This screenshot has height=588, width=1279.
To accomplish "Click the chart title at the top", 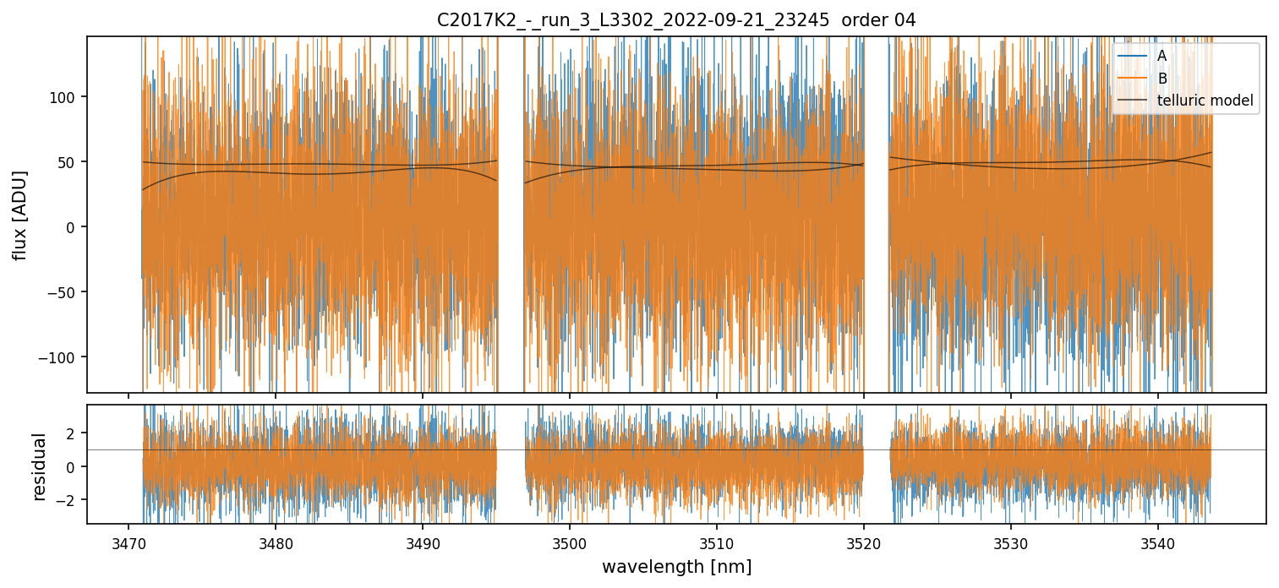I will [x=675, y=19].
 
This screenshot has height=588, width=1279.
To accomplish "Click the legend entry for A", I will [x=1161, y=56].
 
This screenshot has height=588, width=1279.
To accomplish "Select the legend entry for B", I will [x=1161, y=79].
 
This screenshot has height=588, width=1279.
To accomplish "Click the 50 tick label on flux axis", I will [x=68, y=161].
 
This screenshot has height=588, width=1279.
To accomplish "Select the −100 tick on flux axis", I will [x=62, y=357].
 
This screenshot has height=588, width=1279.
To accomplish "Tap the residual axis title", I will [x=39, y=466].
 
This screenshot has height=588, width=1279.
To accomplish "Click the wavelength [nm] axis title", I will [x=675, y=567].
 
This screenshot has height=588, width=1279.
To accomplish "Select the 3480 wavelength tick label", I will [x=276, y=542].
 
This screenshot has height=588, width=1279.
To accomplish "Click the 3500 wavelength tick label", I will [x=569, y=542].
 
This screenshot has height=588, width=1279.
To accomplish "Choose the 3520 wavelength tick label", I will [x=863, y=542].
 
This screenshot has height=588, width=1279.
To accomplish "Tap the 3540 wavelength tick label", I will [x=1157, y=542].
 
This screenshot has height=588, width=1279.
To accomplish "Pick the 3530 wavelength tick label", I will [x=1010, y=542].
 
